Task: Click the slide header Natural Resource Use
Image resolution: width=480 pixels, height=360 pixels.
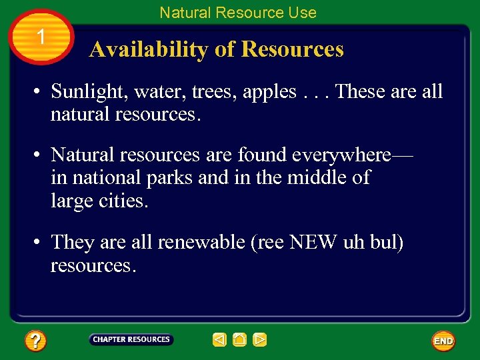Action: pyautogui.click(x=238, y=12)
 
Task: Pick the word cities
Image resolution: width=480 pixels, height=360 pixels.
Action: pyautogui.click(x=124, y=201)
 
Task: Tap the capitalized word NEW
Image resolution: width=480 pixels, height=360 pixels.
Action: pyautogui.click(x=313, y=242)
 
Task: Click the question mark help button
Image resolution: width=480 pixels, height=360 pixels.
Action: pyautogui.click(x=35, y=341)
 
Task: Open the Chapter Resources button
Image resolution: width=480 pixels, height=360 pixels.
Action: pyautogui.click(x=131, y=340)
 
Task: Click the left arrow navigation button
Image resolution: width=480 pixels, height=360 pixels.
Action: pyautogui.click(x=220, y=340)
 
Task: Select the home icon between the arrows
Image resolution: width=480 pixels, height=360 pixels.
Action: pyautogui.click(x=240, y=340)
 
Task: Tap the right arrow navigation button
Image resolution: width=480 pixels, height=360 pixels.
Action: pyautogui.click(x=260, y=340)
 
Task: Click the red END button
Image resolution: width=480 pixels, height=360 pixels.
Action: pyautogui.click(x=443, y=341)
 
